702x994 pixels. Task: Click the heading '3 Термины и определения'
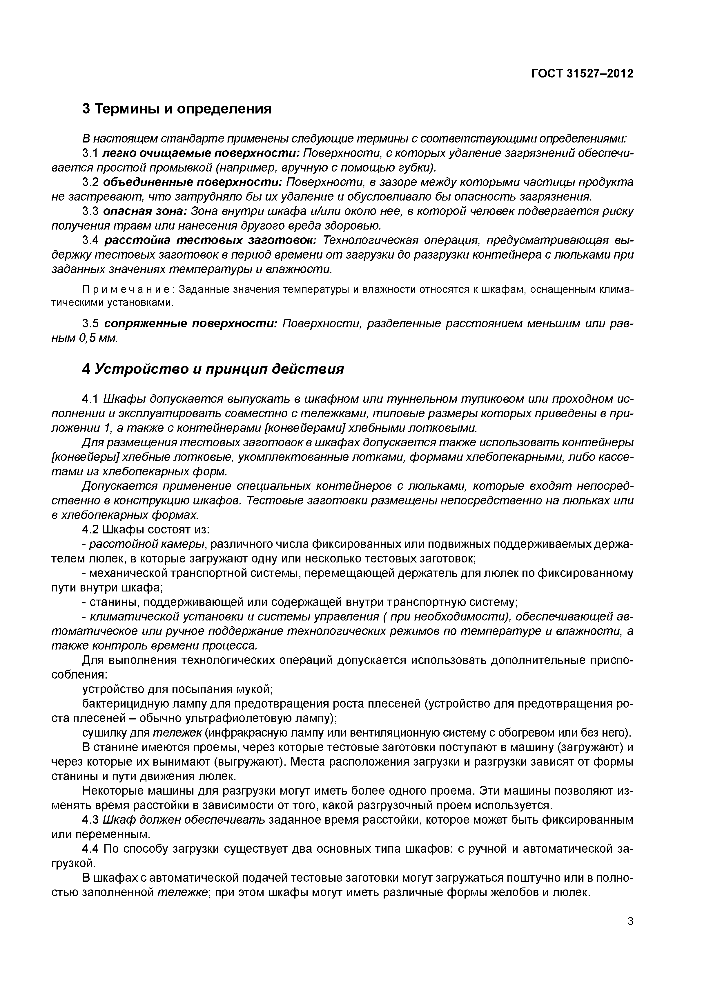(x=177, y=108)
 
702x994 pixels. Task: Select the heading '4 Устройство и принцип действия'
(x=213, y=369)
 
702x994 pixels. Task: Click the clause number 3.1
(x=91, y=153)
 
